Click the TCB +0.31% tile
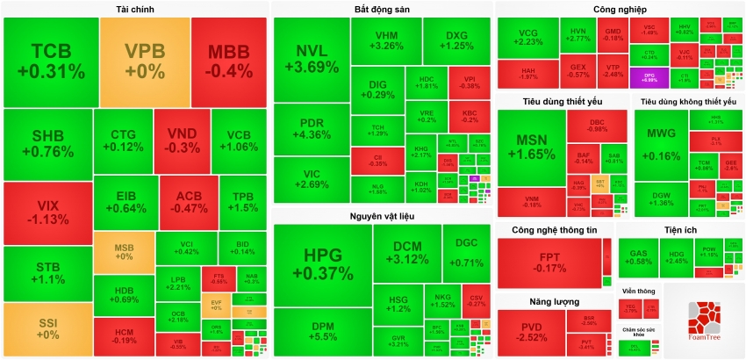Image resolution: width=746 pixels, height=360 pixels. (50, 60)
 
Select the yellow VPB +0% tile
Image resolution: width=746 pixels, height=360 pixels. (145, 60)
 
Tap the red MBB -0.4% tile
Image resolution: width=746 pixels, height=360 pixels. (227, 60)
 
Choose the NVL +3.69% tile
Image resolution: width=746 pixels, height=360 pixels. (311, 58)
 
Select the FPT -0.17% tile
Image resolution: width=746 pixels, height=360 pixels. (549, 261)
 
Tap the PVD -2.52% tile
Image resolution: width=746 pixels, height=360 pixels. (530, 332)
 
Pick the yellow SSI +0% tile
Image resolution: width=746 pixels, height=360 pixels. (48, 329)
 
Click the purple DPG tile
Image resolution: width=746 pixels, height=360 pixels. (649, 77)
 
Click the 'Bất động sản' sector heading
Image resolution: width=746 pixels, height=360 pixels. (382, 9)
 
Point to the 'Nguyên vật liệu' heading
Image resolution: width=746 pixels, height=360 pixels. (382, 215)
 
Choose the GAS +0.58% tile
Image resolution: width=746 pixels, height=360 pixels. (642, 256)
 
